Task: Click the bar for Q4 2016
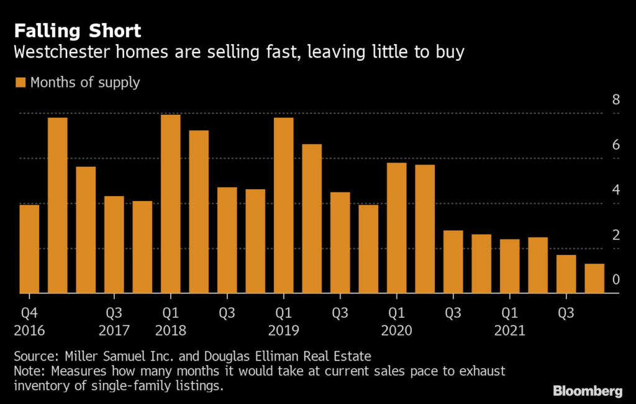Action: [29, 249]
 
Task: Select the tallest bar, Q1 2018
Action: [171, 204]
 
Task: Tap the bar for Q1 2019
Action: [283, 205]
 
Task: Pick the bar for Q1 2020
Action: [397, 228]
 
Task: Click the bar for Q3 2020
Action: [453, 262]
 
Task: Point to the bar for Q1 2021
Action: [510, 266]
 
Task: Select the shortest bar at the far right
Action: [594, 279]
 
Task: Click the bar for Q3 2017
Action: [114, 245]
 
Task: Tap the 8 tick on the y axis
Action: [616, 100]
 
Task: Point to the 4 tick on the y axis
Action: [616, 190]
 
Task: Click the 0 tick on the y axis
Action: [616, 280]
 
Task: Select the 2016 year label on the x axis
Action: [29, 330]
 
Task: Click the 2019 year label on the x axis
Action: [283, 330]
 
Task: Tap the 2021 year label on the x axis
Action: [510, 330]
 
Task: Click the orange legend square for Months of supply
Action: [20, 83]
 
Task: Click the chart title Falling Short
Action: [78, 31]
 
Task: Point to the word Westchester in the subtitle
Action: [62, 52]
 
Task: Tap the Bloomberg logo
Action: [588, 391]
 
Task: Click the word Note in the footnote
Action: [30, 371]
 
